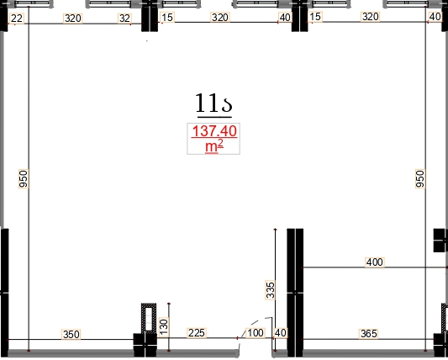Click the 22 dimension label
[16, 19]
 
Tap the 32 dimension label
[124, 19]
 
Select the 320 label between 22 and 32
[73, 19]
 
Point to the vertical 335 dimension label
[271, 290]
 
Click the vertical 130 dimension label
[164, 327]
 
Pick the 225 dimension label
[197, 333]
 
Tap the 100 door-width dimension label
[256, 333]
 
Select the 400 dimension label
[374, 262]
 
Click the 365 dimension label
[369, 333]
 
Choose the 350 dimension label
[71, 334]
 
